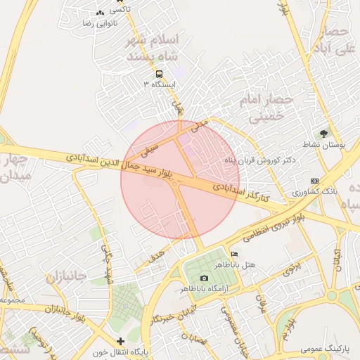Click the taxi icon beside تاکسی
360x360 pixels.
(x=99, y=13)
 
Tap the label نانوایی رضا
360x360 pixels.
(x=99, y=23)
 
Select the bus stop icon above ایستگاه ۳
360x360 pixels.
(x=160, y=74)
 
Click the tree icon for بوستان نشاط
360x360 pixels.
(x=323, y=133)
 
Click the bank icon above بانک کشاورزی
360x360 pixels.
(x=314, y=181)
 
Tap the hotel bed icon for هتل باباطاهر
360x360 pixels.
(x=234, y=254)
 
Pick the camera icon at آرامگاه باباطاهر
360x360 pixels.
(x=205, y=278)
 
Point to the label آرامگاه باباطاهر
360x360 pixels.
(x=205, y=289)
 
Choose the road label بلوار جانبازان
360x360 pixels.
(x=70, y=306)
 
